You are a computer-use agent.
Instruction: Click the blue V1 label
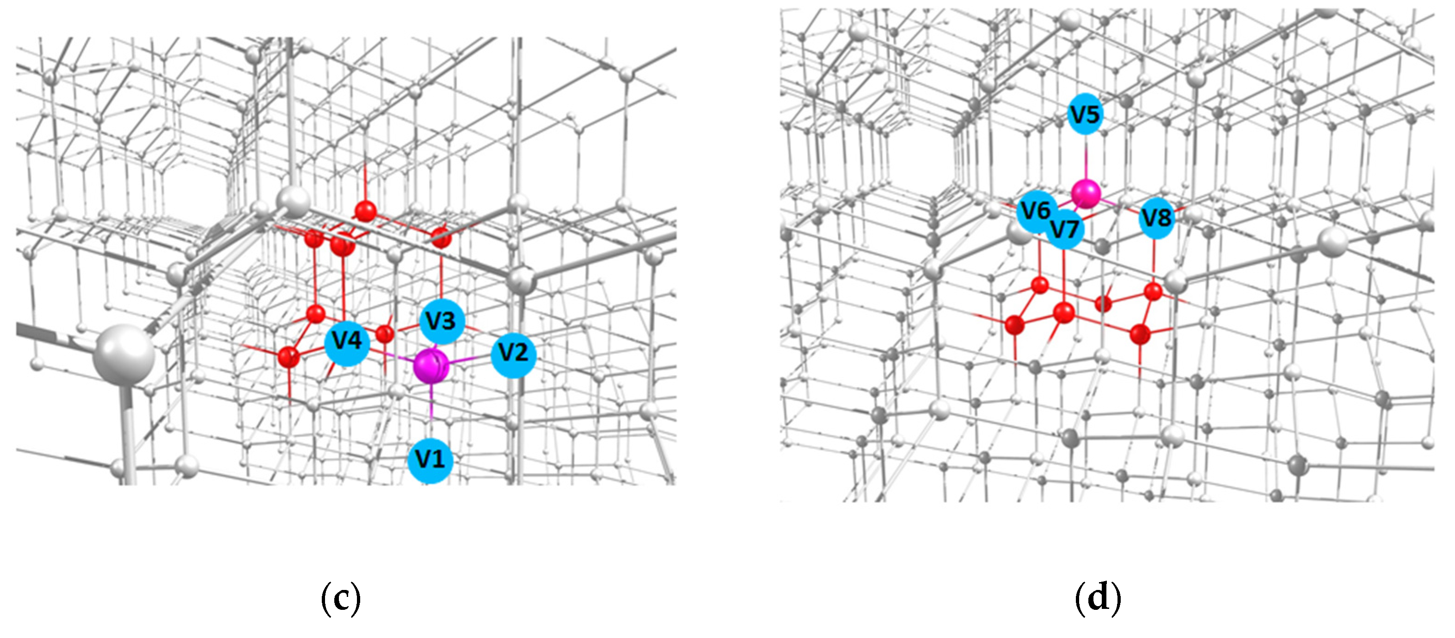(x=430, y=460)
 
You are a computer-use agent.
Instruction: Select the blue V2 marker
(x=513, y=354)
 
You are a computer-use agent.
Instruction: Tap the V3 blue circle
(x=442, y=321)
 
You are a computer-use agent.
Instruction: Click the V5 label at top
(x=1085, y=115)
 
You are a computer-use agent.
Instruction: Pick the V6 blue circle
(x=1036, y=211)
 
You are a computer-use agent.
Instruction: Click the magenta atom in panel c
(x=431, y=366)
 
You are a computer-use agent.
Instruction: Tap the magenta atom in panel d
(x=1086, y=194)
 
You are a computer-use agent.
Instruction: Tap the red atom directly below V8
(x=1153, y=292)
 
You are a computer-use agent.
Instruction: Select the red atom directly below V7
(x=1064, y=312)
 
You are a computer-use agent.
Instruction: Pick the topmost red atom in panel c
(x=365, y=211)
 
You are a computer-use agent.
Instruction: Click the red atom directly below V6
(x=1040, y=285)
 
